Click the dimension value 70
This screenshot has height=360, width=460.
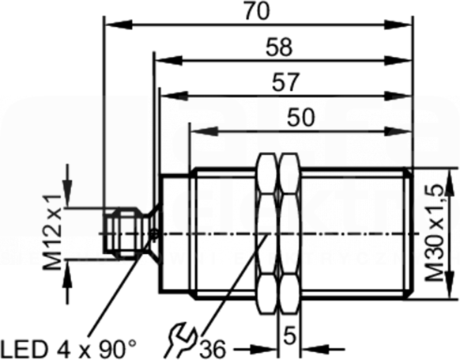(x=256, y=11)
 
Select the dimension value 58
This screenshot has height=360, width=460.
(x=279, y=47)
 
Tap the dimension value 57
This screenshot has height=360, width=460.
(x=286, y=82)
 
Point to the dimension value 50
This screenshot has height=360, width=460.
(x=300, y=117)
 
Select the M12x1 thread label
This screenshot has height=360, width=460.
(x=53, y=233)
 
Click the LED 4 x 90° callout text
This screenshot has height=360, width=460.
(x=69, y=349)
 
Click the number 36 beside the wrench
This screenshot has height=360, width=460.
(x=213, y=350)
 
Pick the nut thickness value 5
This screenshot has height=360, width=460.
(x=289, y=337)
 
